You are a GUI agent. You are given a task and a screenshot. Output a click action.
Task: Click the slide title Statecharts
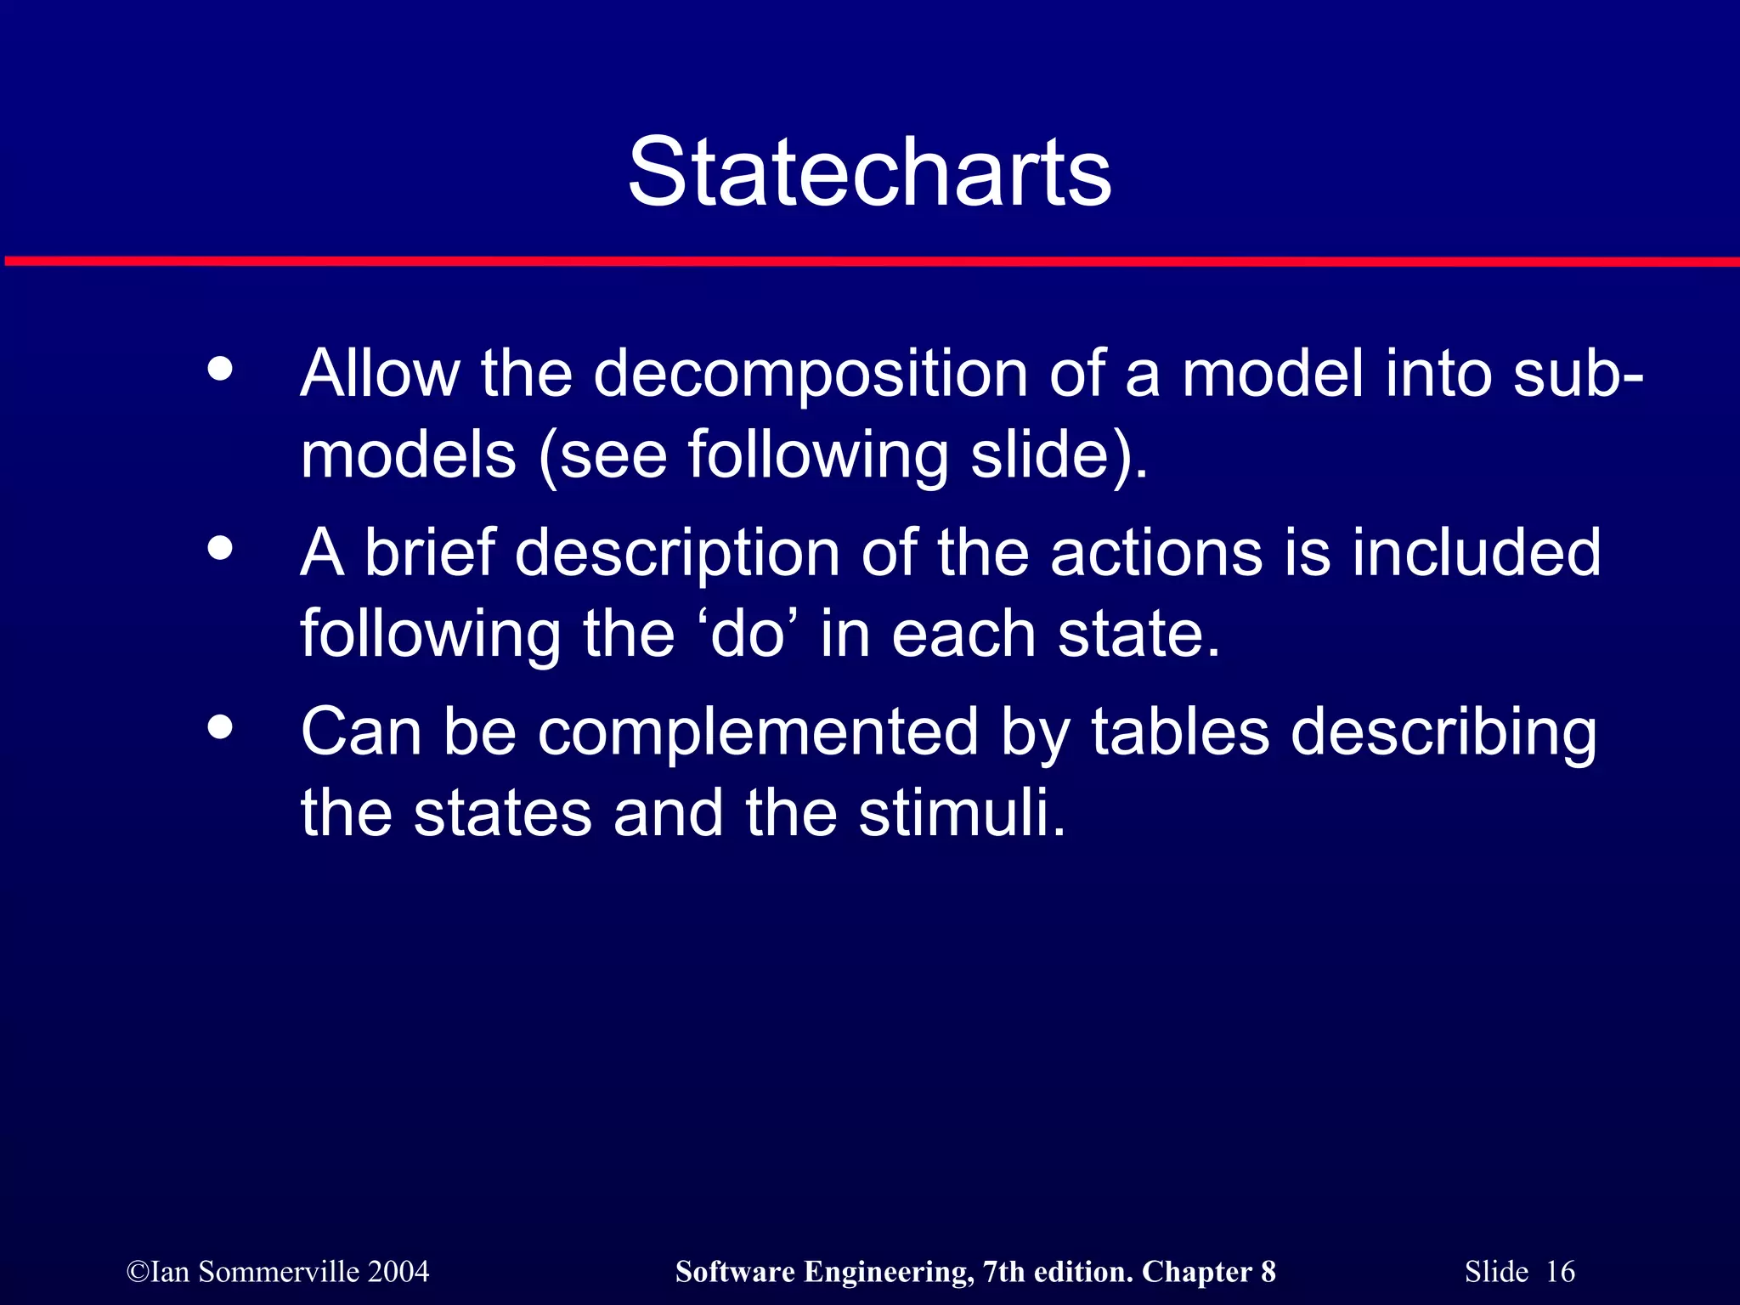tap(869, 173)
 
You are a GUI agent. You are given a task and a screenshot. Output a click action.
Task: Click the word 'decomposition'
tap(811, 376)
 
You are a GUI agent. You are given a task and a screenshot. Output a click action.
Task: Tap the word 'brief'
tap(430, 553)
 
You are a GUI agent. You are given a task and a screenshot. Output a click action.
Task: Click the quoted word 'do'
tap(747, 635)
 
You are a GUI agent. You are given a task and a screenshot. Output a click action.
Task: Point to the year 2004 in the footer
tap(398, 1272)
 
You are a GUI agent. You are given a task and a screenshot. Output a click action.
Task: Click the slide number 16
tap(1560, 1272)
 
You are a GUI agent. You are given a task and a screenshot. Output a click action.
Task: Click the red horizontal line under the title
tap(870, 262)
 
